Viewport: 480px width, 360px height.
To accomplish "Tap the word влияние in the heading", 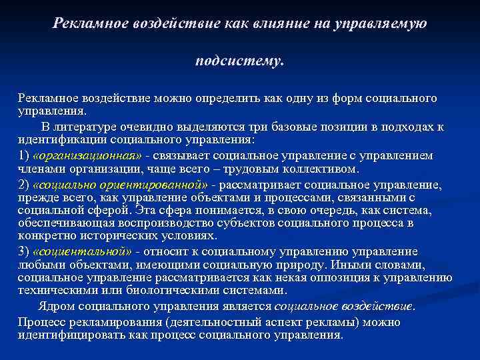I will tap(280, 23).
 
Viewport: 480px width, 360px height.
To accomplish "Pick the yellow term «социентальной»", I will tap(82, 252).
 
